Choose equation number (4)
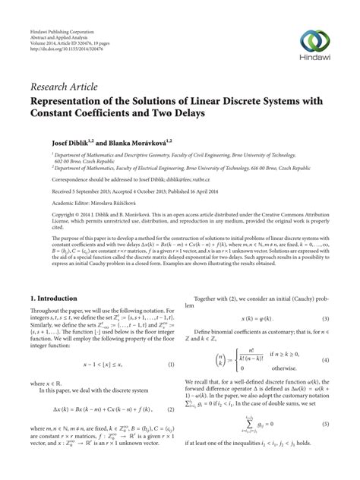[x=326, y=358]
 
